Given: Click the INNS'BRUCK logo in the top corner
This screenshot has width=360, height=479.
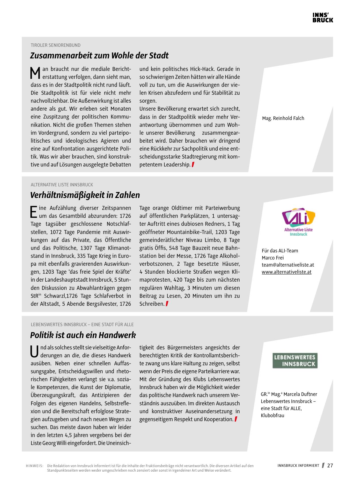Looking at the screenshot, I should tap(323, 18).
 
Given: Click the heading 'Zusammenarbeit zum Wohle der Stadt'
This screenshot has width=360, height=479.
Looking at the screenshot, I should tap(99, 56).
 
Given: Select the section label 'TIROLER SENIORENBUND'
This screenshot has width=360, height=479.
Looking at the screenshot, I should tap(56, 45).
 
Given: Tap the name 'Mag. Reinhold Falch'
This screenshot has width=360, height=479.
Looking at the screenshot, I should tap(283, 118).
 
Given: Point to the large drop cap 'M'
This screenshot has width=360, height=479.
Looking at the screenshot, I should tap(35, 73).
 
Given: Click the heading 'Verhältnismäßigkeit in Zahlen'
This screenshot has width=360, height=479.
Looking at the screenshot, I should tap(85, 195).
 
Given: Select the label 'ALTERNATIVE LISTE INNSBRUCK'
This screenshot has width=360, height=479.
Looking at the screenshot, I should tap(62, 185).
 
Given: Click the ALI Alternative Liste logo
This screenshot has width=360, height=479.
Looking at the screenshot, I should tap(298, 221).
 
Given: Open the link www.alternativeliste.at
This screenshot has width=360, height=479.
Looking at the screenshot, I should tap(287, 272).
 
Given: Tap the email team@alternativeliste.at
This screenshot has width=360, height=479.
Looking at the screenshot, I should tap(288, 265).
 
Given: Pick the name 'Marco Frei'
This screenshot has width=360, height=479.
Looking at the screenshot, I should tap(273, 258).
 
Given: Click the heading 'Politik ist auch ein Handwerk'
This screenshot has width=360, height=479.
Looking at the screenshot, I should tap(83, 335).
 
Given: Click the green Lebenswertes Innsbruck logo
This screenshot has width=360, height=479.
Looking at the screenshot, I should tap(295, 360).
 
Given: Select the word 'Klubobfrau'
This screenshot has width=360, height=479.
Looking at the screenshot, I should tap(272, 415).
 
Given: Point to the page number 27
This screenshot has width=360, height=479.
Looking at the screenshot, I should tap(330, 465).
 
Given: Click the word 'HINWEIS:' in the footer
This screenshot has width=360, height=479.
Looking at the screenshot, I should tap(35, 466).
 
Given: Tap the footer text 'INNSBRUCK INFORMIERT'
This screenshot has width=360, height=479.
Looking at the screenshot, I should tap(298, 466).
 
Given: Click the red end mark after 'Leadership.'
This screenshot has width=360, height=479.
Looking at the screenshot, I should tap(193, 164).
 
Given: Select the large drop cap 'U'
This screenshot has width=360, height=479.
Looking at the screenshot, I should tap(35, 352).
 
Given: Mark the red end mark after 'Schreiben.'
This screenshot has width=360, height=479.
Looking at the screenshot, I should tap(167, 304).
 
